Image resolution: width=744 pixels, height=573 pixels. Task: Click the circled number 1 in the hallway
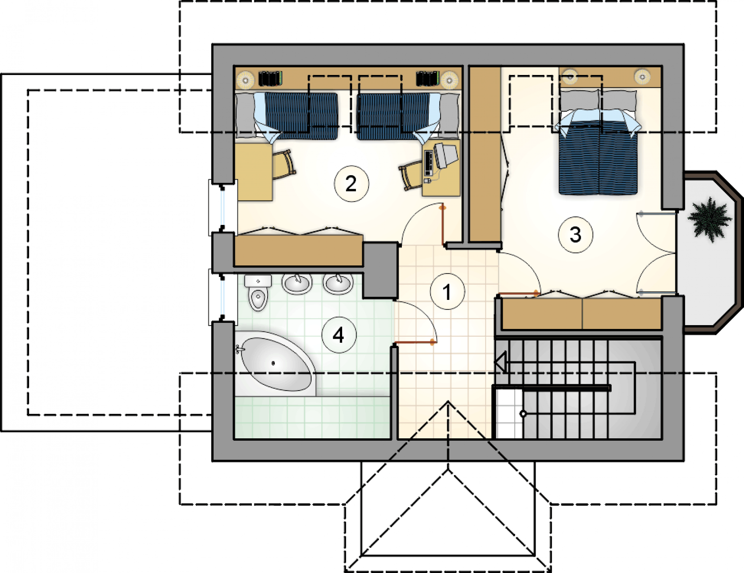[x=447, y=291]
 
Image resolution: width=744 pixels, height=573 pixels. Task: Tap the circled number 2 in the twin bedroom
[x=351, y=184]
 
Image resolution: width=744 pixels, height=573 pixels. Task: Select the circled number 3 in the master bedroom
[x=575, y=234]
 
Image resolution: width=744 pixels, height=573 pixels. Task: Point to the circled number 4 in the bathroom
[x=339, y=335]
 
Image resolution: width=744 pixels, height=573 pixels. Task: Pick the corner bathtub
[x=276, y=364]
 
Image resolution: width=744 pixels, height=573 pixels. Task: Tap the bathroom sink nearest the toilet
[x=297, y=284]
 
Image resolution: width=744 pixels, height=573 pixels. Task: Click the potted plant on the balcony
[x=710, y=219]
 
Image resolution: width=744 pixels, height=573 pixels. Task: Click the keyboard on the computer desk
[x=428, y=162]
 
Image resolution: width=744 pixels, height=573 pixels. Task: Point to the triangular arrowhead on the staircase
[x=500, y=362]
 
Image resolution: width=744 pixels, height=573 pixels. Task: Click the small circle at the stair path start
[x=523, y=414]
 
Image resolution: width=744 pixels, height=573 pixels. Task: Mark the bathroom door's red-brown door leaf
[x=415, y=342]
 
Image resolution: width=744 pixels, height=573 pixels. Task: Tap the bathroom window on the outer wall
[x=223, y=297]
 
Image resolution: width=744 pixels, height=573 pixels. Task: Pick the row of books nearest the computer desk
[x=427, y=79]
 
